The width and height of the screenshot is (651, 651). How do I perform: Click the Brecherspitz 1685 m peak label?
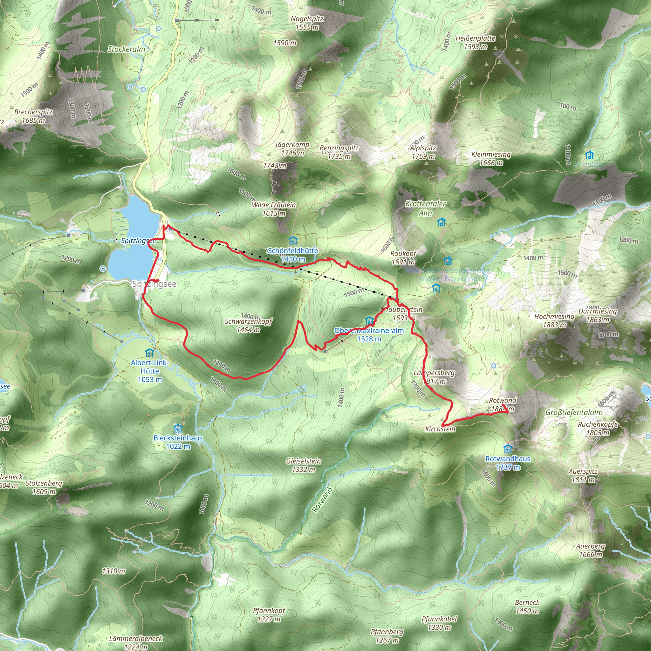click(33, 116)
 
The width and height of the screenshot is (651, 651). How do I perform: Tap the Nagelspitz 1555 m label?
click(307, 23)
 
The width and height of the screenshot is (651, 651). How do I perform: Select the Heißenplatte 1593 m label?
click(475, 43)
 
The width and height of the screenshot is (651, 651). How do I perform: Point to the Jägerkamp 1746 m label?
click(292, 148)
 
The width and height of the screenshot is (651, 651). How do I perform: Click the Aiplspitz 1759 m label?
click(423, 152)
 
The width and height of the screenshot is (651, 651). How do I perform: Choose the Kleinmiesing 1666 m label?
click(491, 158)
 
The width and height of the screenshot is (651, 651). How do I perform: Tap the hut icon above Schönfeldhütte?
click(293, 241)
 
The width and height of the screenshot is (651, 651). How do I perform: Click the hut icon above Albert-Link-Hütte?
click(149, 353)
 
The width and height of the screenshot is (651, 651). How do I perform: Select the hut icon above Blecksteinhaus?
click(178, 429)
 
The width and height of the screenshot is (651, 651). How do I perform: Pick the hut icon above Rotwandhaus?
click(507, 449)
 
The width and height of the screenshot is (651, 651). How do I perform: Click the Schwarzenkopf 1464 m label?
click(248, 325)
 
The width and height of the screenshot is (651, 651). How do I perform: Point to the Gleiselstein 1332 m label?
click(303, 465)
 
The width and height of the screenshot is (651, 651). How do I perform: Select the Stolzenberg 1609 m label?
click(44, 487)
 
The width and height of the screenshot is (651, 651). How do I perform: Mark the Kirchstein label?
click(440, 429)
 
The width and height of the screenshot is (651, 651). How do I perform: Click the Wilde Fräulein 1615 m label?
click(274, 209)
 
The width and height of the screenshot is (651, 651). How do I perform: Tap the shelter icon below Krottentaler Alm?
click(442, 222)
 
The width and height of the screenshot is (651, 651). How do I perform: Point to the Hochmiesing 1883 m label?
click(554, 320)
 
